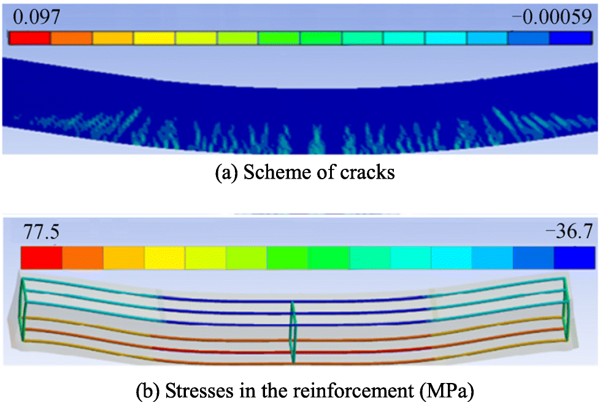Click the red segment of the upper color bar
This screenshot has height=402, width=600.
click(x=29, y=37)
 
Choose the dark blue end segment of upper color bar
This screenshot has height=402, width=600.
click(x=570, y=37)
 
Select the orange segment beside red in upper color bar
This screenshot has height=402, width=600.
click(x=71, y=37)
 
